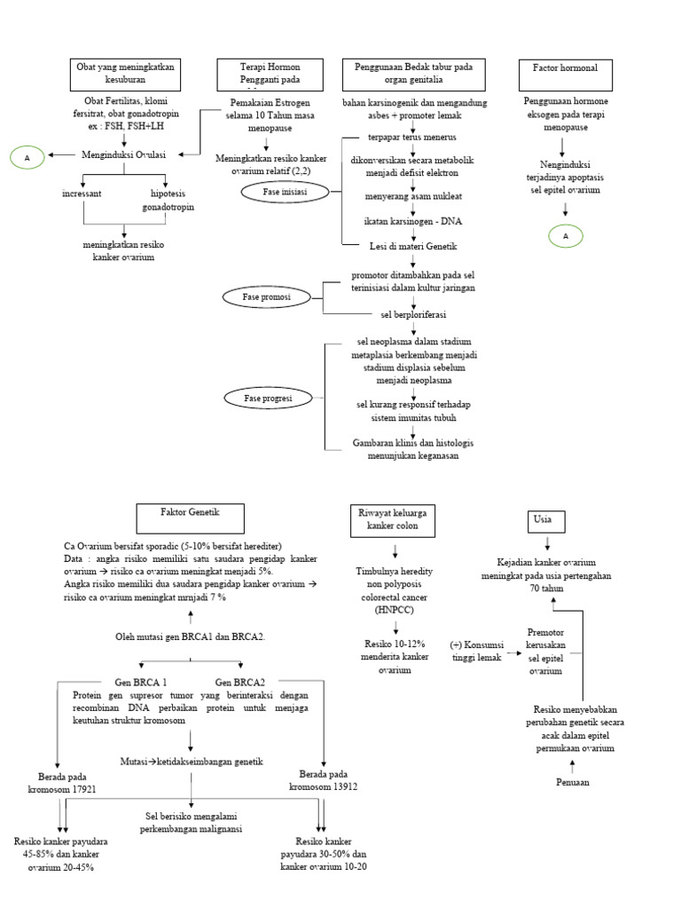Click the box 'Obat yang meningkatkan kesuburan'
click(125, 74)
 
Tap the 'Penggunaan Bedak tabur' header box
click(413, 74)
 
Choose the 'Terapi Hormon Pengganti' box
click(272, 74)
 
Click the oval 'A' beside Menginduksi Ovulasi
click(27, 157)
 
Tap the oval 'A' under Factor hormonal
click(564, 235)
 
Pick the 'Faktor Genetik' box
click(189, 517)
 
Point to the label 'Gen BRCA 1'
click(140, 681)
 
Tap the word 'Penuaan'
click(572, 782)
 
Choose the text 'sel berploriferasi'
click(413, 313)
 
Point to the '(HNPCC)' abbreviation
click(393, 611)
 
